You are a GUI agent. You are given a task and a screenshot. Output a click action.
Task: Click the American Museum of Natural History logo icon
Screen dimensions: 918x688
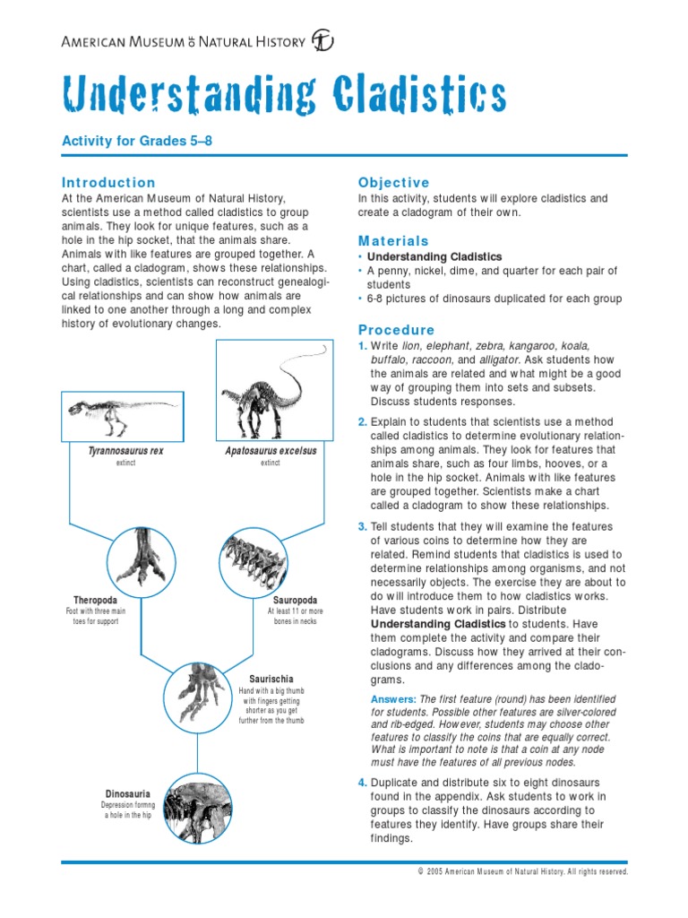pos(322,40)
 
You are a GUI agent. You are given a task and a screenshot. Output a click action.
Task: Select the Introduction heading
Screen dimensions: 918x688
pos(107,182)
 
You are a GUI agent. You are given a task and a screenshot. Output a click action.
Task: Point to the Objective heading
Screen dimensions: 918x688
pos(394,182)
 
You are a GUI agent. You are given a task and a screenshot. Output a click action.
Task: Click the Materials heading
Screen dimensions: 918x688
pos(393,241)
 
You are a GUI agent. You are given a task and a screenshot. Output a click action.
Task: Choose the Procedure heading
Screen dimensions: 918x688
pos(396,329)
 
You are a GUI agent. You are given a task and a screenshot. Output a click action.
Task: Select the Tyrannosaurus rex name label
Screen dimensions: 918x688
pos(125,451)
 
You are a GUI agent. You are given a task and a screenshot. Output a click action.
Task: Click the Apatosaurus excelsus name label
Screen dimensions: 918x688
pos(271,451)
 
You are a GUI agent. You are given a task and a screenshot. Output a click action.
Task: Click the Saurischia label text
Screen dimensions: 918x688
pos(271,679)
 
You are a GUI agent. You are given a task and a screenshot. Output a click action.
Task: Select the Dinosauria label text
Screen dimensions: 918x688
pos(127,794)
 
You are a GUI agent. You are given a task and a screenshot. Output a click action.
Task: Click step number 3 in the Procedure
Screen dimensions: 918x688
pos(363,526)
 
